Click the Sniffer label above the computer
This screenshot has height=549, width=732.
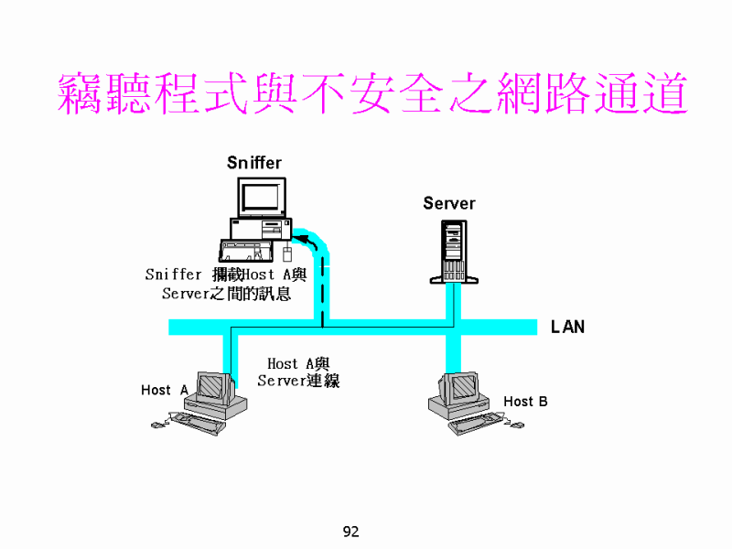(254, 163)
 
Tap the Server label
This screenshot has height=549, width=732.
(448, 203)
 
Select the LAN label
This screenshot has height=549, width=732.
(567, 327)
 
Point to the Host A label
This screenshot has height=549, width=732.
(164, 390)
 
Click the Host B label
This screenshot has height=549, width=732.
(525, 401)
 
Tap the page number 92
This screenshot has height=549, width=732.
(350, 532)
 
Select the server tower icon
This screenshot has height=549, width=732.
(453, 251)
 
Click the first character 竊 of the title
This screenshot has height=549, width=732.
(82, 93)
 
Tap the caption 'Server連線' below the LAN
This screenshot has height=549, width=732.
(298, 381)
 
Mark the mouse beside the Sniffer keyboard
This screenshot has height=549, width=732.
(286, 253)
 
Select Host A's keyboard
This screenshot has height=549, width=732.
(198, 422)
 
